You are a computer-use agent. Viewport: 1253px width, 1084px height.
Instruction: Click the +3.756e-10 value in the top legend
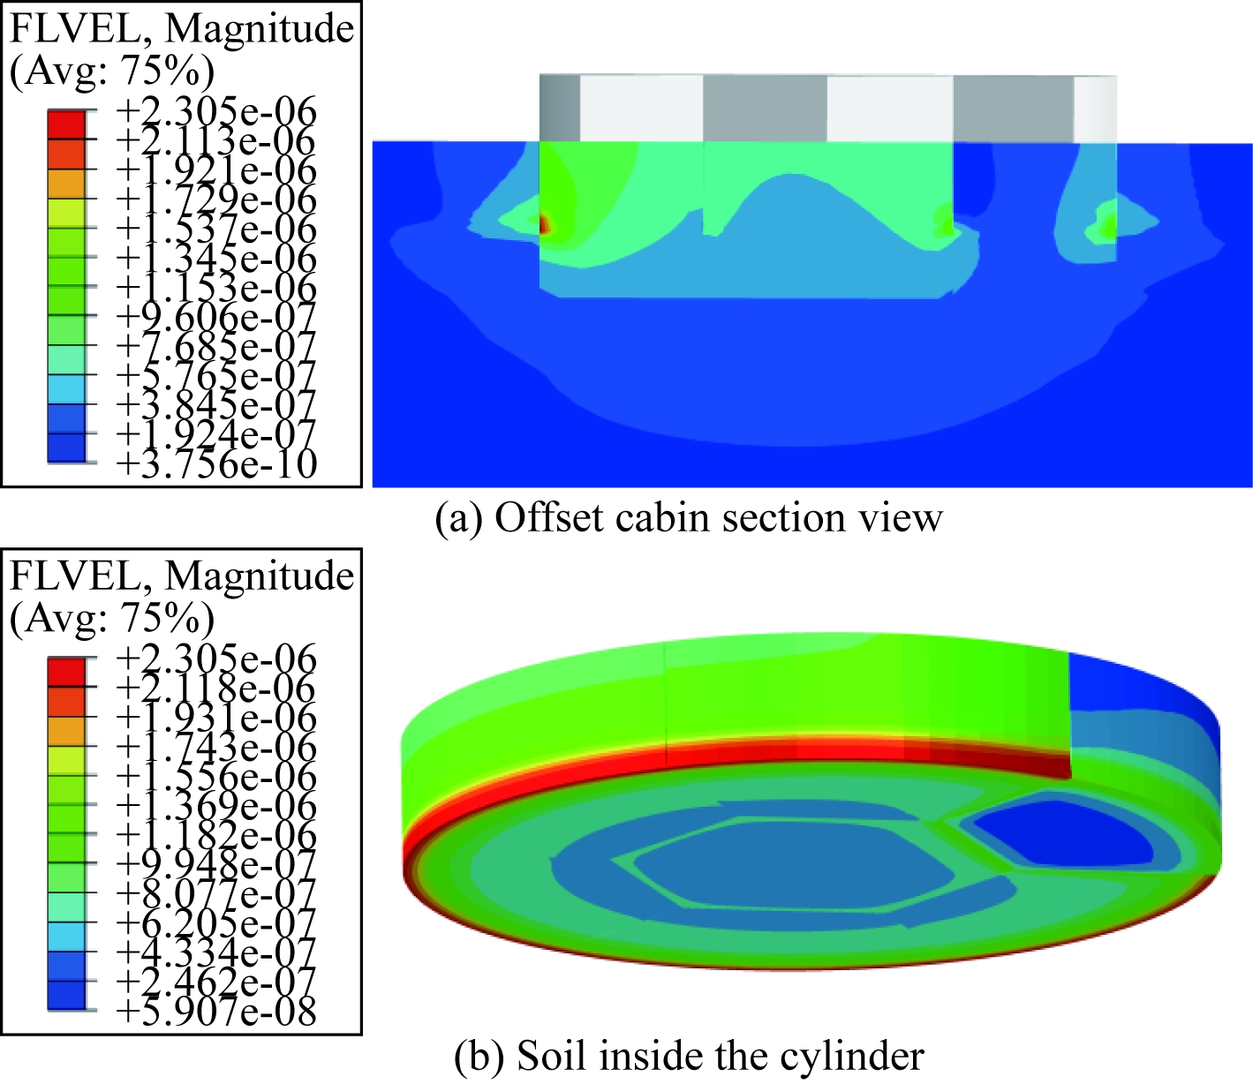pyautogui.click(x=217, y=464)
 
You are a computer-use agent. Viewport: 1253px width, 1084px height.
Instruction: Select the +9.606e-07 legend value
pyautogui.click(x=217, y=317)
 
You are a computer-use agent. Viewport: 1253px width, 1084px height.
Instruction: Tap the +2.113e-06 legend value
pyautogui.click(x=217, y=140)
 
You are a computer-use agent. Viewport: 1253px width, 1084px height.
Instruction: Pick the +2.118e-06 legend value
pyautogui.click(x=217, y=688)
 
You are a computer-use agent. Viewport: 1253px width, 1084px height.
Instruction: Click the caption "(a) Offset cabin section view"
pyautogui.click(x=689, y=518)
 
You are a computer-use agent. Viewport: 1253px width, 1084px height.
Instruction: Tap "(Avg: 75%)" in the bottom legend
pyautogui.click(x=112, y=617)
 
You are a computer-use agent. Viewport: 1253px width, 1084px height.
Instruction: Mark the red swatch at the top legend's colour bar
pyautogui.click(x=67, y=125)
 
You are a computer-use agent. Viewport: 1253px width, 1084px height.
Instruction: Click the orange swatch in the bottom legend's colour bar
pyautogui.click(x=67, y=732)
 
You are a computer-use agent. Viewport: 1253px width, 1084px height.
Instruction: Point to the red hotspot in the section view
pyautogui.click(x=544, y=224)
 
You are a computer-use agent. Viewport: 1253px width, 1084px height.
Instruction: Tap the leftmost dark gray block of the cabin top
pyautogui.click(x=560, y=108)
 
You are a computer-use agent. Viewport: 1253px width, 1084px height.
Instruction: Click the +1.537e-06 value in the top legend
pyautogui.click(x=217, y=229)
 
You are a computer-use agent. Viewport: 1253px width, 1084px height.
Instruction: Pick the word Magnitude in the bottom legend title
pyautogui.click(x=259, y=576)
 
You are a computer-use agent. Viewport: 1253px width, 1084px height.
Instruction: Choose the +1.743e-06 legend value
pyautogui.click(x=217, y=747)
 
